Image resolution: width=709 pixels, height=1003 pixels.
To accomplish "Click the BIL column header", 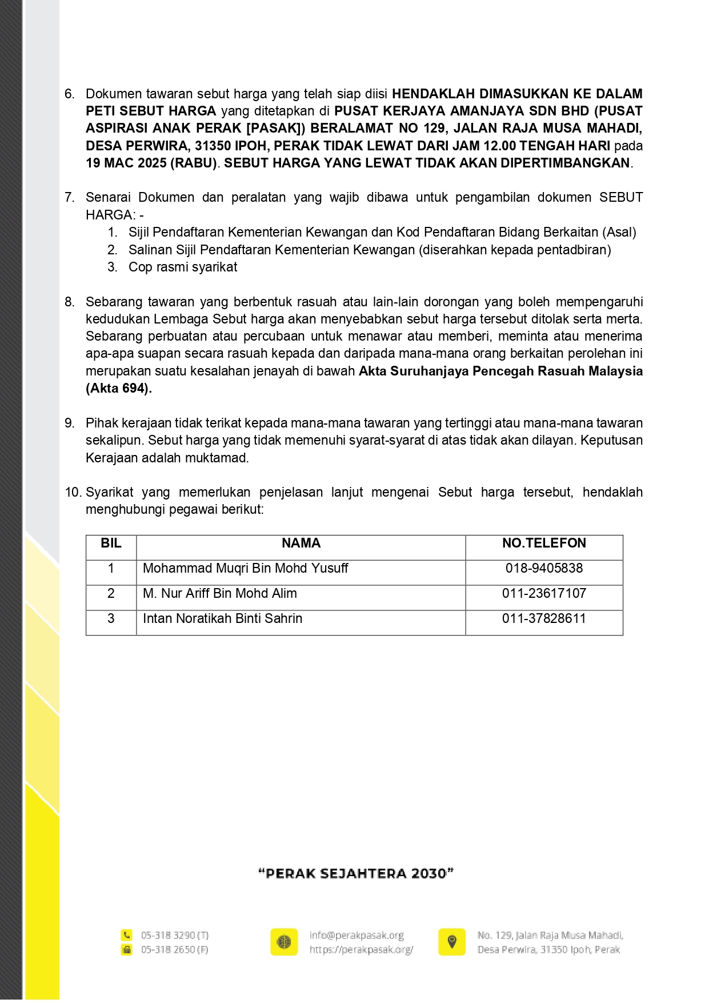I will [111, 544].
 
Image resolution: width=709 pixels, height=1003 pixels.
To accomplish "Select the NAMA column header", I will [301, 544].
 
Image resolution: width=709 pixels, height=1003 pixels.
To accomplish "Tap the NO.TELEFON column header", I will [544, 544].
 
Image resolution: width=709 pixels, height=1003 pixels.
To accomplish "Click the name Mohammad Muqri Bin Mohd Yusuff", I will [245, 569].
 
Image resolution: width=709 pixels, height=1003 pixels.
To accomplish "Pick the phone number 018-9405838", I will [544, 569].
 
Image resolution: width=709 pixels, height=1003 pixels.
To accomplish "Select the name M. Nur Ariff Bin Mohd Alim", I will [219, 594].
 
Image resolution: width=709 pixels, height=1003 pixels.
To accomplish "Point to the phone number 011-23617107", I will [544, 594].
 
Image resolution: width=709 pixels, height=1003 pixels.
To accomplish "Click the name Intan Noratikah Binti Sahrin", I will [222, 619].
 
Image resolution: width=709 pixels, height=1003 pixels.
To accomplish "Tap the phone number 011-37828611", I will [544, 619].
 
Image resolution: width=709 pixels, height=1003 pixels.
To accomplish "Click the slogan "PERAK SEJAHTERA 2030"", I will [356, 873].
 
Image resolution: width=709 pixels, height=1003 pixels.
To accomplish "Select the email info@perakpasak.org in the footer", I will [356, 936].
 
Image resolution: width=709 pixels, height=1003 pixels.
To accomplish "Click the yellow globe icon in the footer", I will [284, 942].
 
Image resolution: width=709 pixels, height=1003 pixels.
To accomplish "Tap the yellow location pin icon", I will [452, 942].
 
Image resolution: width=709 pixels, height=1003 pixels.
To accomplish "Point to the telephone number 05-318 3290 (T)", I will [175, 936].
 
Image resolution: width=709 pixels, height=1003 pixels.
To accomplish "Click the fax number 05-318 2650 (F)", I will [175, 950].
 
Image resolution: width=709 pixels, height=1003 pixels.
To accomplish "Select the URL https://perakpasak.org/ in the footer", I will [361, 950].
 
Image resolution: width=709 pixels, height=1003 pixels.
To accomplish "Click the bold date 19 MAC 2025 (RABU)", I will [152, 163].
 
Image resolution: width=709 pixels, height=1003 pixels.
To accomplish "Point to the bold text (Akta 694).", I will [119, 389].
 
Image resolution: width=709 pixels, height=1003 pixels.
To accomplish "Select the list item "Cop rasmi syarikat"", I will [183, 267].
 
